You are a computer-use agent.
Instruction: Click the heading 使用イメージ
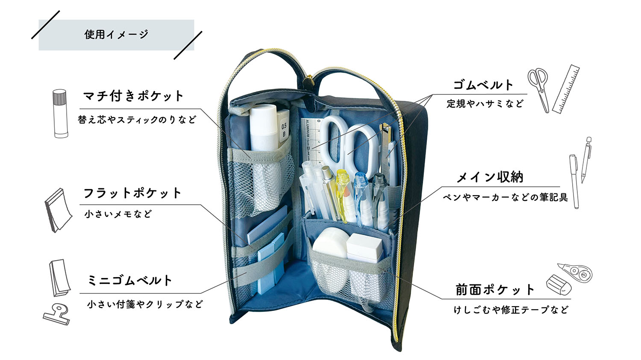pyautogui.click(x=116, y=35)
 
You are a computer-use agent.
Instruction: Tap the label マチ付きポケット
pyautogui.click(x=133, y=96)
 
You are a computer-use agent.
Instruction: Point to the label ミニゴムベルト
pyautogui.click(x=130, y=281)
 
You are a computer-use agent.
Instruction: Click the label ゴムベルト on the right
pyautogui.click(x=483, y=85)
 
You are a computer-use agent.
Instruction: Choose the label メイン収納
pyautogui.click(x=490, y=177)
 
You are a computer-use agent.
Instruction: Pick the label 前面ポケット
pyautogui.click(x=495, y=290)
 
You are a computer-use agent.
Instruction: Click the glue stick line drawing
pyautogui.click(x=60, y=114)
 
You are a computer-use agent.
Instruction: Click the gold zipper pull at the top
pyautogui.click(x=306, y=82)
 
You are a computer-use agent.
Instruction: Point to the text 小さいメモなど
pyautogui.click(x=118, y=214)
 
